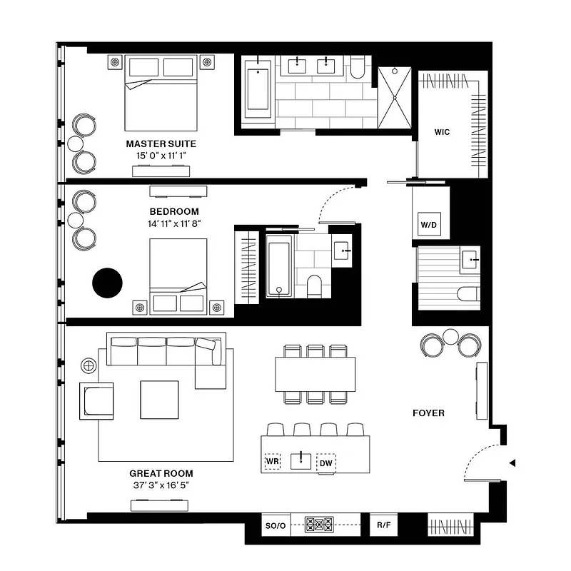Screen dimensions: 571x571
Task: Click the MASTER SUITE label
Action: pos(161,143)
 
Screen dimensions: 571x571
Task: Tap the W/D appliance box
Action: pos(429,225)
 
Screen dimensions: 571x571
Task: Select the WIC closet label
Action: pos(442,132)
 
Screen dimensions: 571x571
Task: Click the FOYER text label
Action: pos(428,413)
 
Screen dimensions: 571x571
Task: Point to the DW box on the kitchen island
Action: pos(326,463)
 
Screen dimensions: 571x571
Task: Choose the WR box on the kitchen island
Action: pos(272,462)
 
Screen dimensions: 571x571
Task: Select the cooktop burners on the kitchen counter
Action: pos(320,525)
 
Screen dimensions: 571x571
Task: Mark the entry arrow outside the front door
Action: pos(511,463)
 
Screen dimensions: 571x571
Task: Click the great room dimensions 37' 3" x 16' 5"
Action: pos(161,485)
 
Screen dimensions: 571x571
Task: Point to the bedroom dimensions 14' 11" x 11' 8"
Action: pos(174,223)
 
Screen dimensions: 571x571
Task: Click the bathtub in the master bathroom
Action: pos(255,89)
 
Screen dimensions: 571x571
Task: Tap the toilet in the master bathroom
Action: pos(358,66)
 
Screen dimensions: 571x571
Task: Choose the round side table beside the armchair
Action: pos(89,365)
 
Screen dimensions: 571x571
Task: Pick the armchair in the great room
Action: pos(97,400)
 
